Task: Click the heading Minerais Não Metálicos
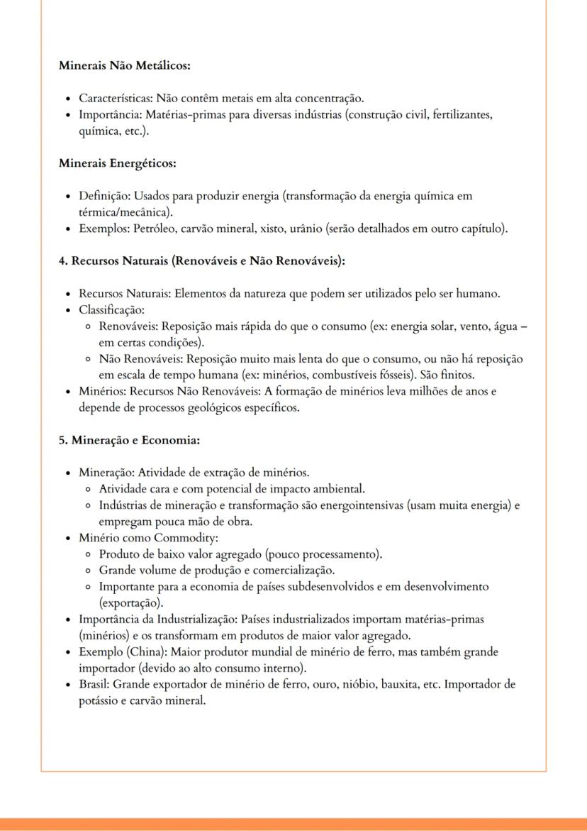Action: coord(125,66)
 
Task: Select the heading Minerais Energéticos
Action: coord(117,163)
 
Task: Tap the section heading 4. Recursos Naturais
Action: coord(201,260)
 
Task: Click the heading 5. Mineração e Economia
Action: coord(129,440)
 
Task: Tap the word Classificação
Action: coord(111,309)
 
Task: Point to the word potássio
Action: coord(100,700)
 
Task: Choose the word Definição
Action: coord(104,196)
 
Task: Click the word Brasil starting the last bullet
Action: coord(94,684)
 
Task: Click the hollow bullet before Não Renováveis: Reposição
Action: coord(87,359)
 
